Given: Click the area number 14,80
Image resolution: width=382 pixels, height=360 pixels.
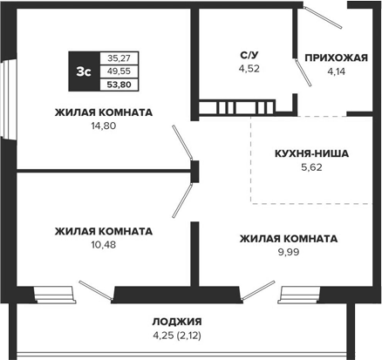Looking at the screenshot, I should [x=103, y=126].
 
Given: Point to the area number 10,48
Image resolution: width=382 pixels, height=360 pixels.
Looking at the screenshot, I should [x=103, y=245].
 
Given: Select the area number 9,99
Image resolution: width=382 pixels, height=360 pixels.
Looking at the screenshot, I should [x=289, y=252].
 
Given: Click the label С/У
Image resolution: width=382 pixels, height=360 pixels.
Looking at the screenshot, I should [x=249, y=55].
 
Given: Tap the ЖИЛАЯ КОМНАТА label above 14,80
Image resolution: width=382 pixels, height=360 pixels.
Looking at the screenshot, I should [x=103, y=112].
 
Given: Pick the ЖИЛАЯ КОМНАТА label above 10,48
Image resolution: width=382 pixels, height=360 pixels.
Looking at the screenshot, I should [x=103, y=231].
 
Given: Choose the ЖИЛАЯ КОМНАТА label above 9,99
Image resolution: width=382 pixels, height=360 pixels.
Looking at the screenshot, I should [x=289, y=238].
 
